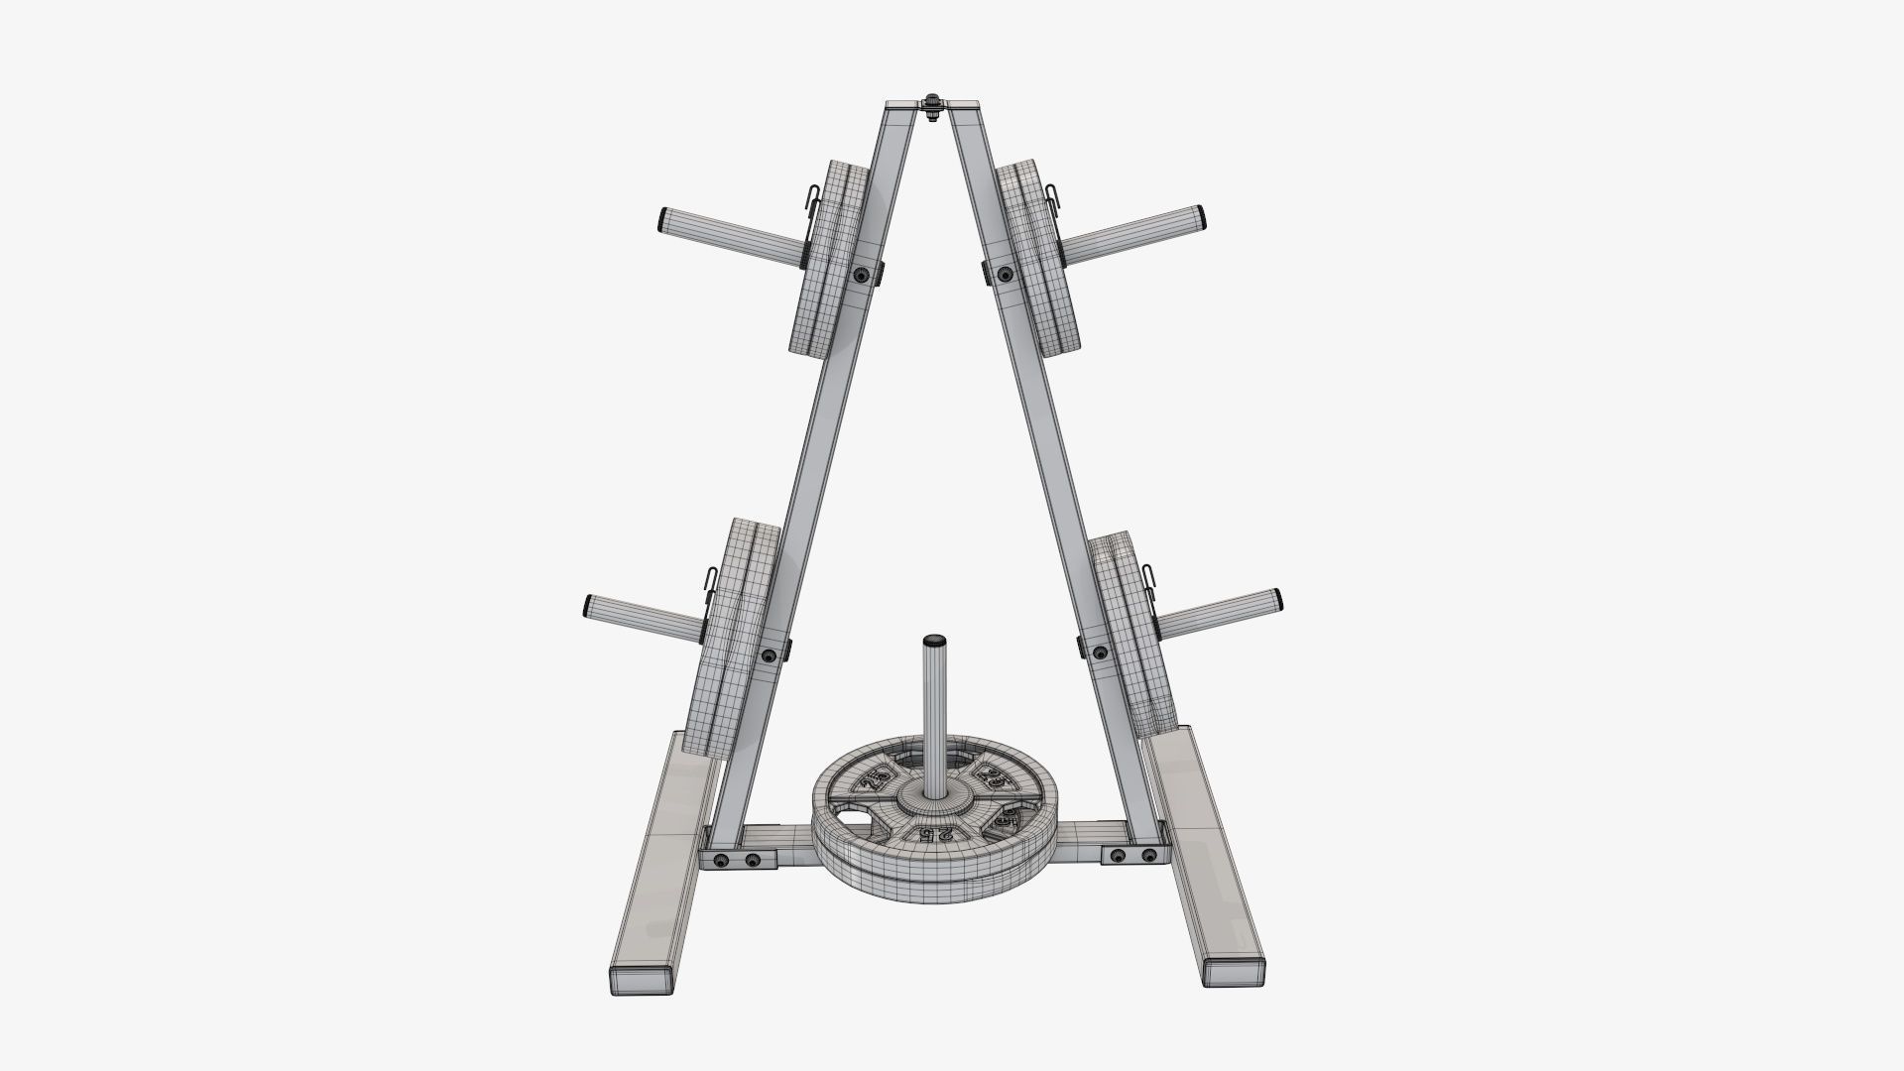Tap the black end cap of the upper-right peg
coord(1202,214)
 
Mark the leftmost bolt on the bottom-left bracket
coord(722,859)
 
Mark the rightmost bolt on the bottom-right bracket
coord(1148,854)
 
